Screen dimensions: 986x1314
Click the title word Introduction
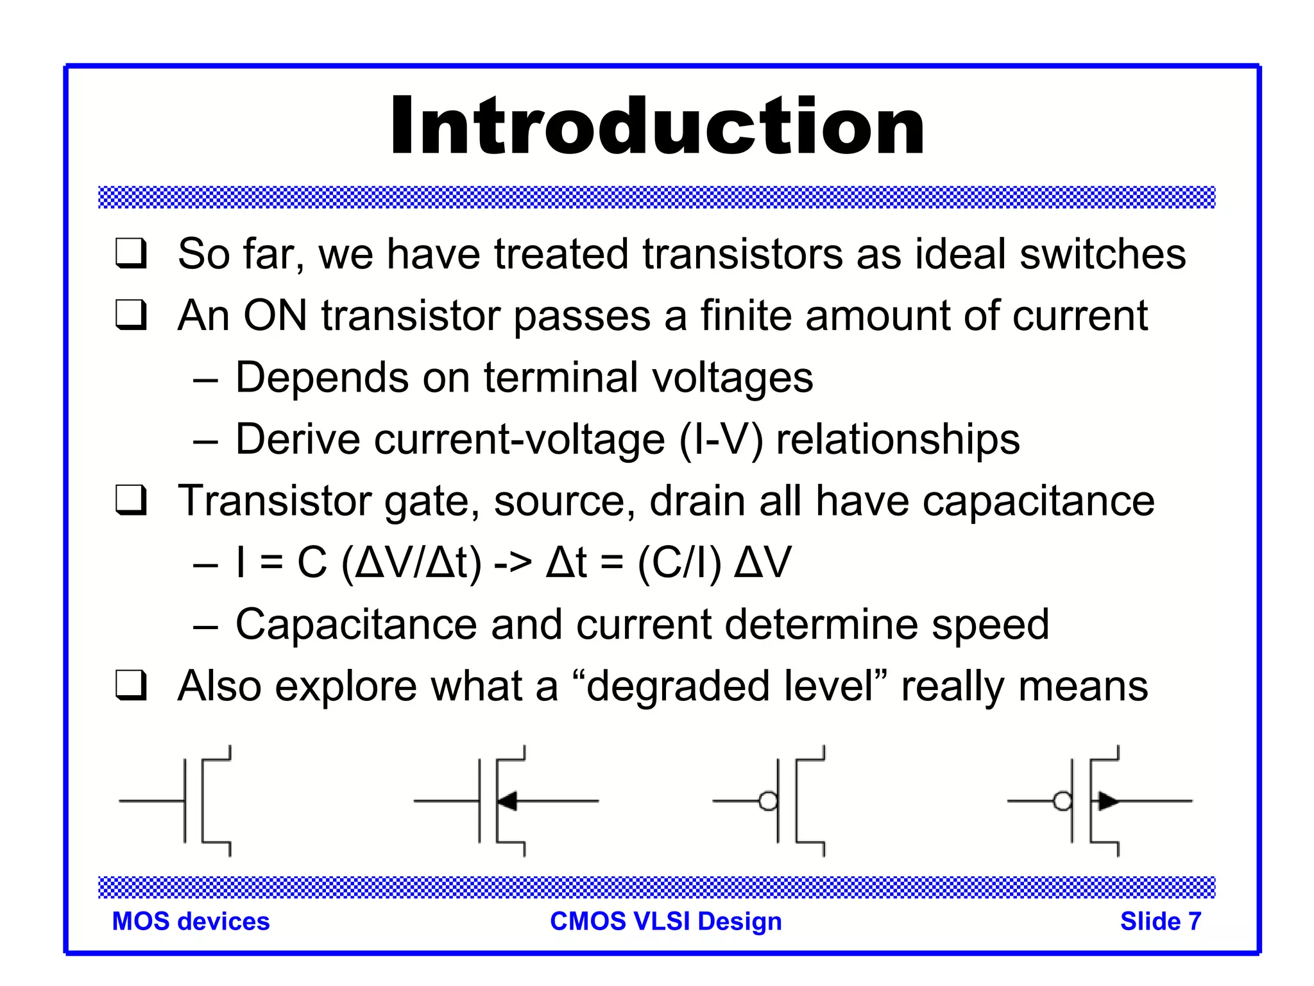pos(657,126)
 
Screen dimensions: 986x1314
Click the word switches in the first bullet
pos(1102,254)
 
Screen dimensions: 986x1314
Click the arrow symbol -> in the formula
pos(513,563)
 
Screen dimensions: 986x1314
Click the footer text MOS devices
pos(191,921)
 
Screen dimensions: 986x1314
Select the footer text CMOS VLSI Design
pos(666,921)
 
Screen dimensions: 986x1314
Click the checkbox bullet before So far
pos(132,254)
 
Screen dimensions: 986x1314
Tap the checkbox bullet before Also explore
pos(132,686)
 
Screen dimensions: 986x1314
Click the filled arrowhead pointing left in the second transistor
pos(508,801)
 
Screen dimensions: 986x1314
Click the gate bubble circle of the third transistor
pos(768,801)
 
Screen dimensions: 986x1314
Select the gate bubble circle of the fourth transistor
pos(1062,801)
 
